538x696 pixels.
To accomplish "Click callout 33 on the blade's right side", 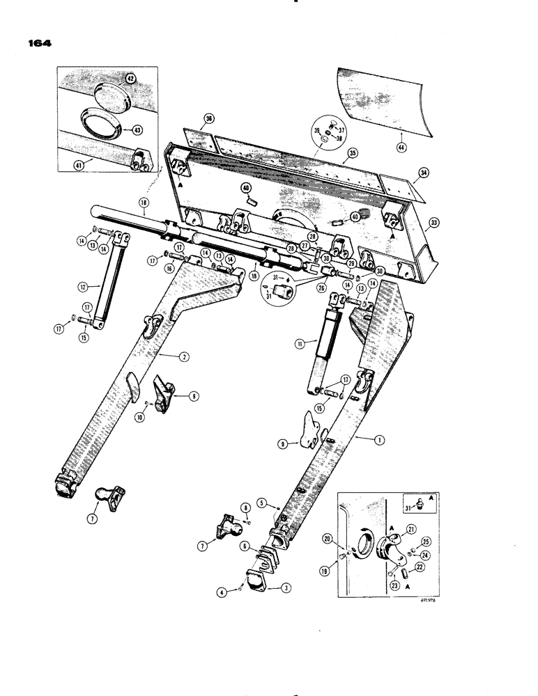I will pos(433,223).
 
